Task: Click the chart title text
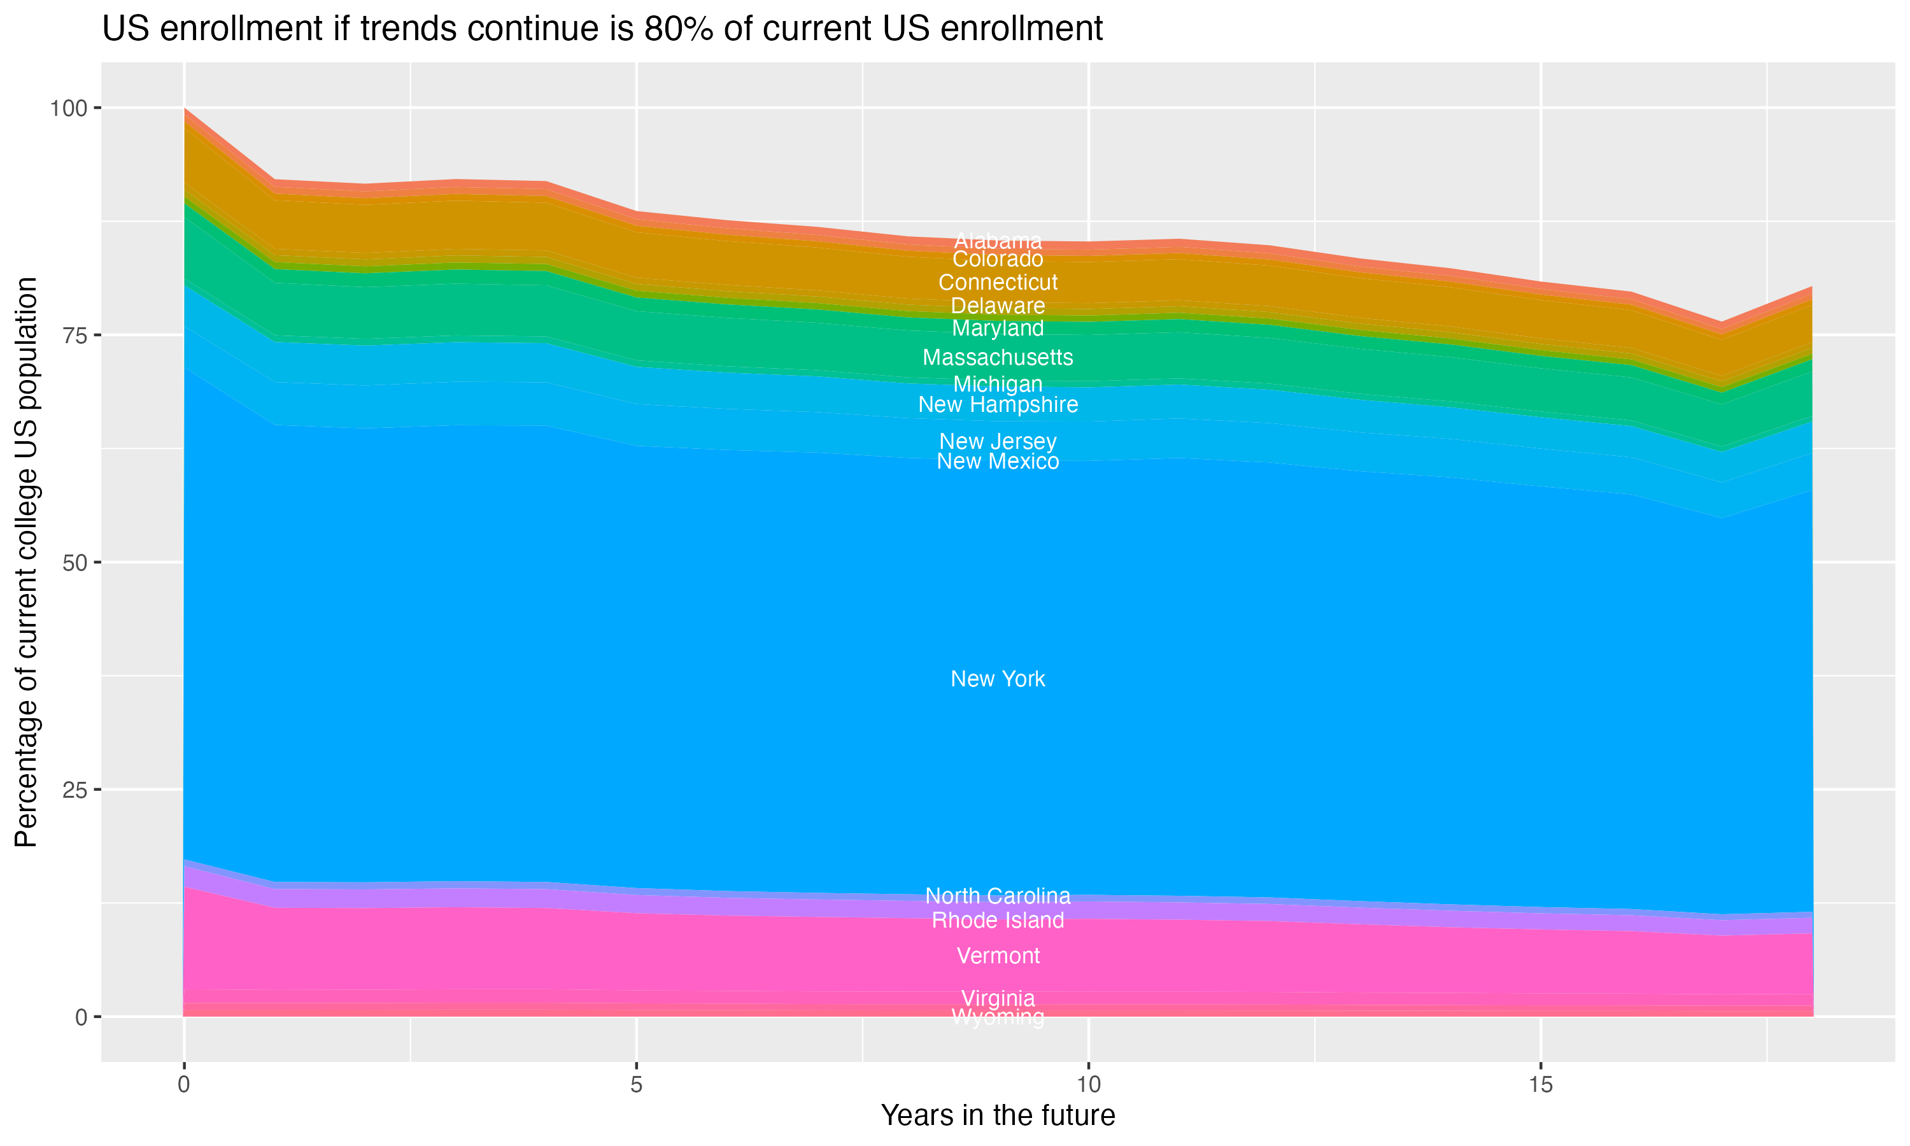tap(602, 29)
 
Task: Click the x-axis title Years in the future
tap(998, 1115)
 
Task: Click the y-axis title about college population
tap(26, 562)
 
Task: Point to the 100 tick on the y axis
tap(68, 108)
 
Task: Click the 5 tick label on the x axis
tap(636, 1084)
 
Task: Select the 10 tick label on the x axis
tap(1088, 1084)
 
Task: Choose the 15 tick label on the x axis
tap(1540, 1084)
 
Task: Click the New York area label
tap(998, 679)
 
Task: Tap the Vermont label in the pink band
tap(998, 956)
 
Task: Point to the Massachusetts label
tap(998, 358)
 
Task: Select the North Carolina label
tap(998, 896)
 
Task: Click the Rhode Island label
tap(998, 921)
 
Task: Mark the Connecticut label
tap(998, 283)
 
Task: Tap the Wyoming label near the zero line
tap(998, 1018)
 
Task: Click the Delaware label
tap(998, 306)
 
